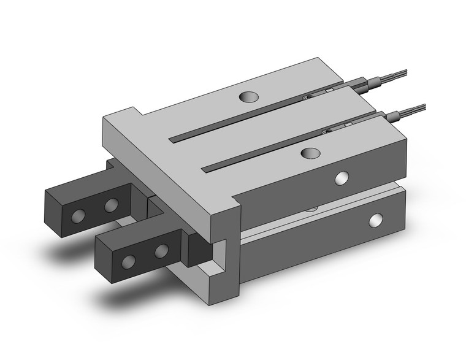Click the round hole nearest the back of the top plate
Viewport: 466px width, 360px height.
tap(249, 96)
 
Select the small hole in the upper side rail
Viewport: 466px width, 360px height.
tap(342, 178)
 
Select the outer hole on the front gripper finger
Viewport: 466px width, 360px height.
tap(129, 262)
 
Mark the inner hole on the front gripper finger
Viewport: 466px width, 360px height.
tap(161, 250)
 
